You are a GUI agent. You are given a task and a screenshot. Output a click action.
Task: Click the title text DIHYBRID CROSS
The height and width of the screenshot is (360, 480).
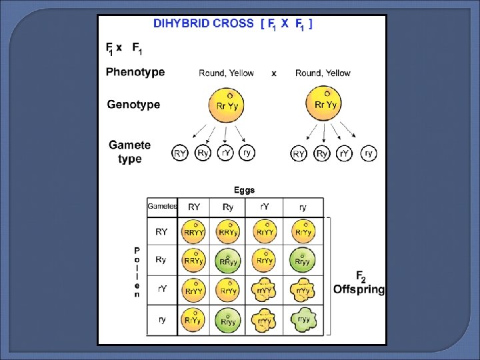203,23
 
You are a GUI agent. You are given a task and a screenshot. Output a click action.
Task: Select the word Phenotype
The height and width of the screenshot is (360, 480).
135,72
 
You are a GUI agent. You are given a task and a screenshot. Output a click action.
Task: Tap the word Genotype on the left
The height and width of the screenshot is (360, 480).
133,104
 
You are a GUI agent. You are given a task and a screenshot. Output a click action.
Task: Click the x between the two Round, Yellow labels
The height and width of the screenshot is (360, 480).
274,73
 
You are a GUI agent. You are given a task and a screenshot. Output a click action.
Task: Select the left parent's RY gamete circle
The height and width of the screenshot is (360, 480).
180,153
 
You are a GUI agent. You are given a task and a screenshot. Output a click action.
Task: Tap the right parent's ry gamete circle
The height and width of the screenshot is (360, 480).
369,153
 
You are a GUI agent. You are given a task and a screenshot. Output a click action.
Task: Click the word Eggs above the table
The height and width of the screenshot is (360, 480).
244,190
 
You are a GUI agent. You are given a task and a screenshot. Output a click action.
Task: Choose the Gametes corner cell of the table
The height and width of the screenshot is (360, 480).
162,207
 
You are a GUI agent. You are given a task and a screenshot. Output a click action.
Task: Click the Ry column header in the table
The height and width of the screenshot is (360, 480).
228,207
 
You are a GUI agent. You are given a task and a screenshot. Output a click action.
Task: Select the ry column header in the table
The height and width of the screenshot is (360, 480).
303,207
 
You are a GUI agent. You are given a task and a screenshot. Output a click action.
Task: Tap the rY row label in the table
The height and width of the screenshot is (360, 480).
162,289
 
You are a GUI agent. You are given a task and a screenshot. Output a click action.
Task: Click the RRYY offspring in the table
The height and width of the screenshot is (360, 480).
194,231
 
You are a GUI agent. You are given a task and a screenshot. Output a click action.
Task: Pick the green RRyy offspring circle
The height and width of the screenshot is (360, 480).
229,261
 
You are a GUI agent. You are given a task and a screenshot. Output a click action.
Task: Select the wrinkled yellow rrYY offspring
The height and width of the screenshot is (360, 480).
265,290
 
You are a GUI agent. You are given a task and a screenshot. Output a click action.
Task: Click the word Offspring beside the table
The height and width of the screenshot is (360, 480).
359,289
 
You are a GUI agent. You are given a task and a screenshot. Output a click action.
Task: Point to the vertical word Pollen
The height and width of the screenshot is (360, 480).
137,272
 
